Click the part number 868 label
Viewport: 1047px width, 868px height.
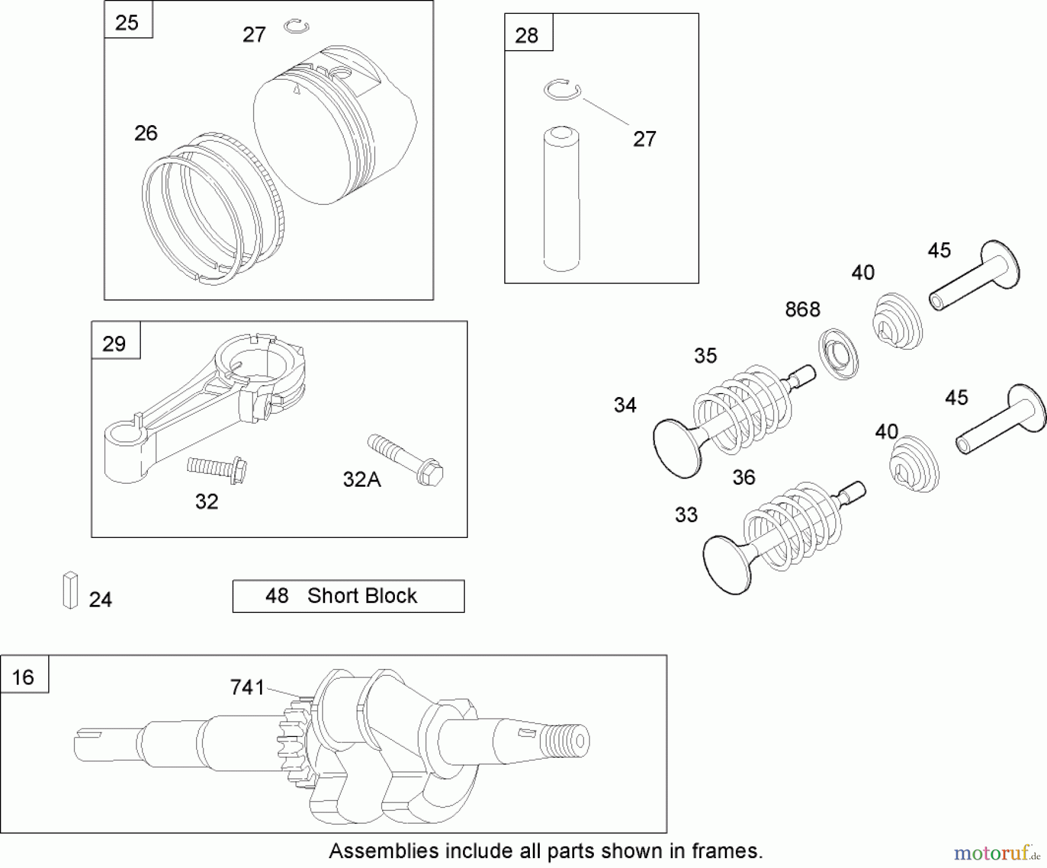click(x=802, y=310)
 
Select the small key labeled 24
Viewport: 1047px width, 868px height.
click(x=70, y=590)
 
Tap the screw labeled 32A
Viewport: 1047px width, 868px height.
click(x=406, y=460)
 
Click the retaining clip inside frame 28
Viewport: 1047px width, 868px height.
click(x=562, y=90)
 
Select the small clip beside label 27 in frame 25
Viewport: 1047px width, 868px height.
click(x=297, y=26)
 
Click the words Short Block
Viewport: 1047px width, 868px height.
click(x=362, y=596)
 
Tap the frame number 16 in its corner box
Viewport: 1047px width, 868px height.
click(x=24, y=676)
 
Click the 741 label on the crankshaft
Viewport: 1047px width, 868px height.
click(x=247, y=688)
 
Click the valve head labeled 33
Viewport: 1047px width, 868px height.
click(x=725, y=564)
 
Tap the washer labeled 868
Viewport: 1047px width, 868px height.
click(x=839, y=354)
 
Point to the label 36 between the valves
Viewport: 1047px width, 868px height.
click(x=743, y=477)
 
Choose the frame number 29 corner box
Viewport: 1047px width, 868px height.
click(x=115, y=343)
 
